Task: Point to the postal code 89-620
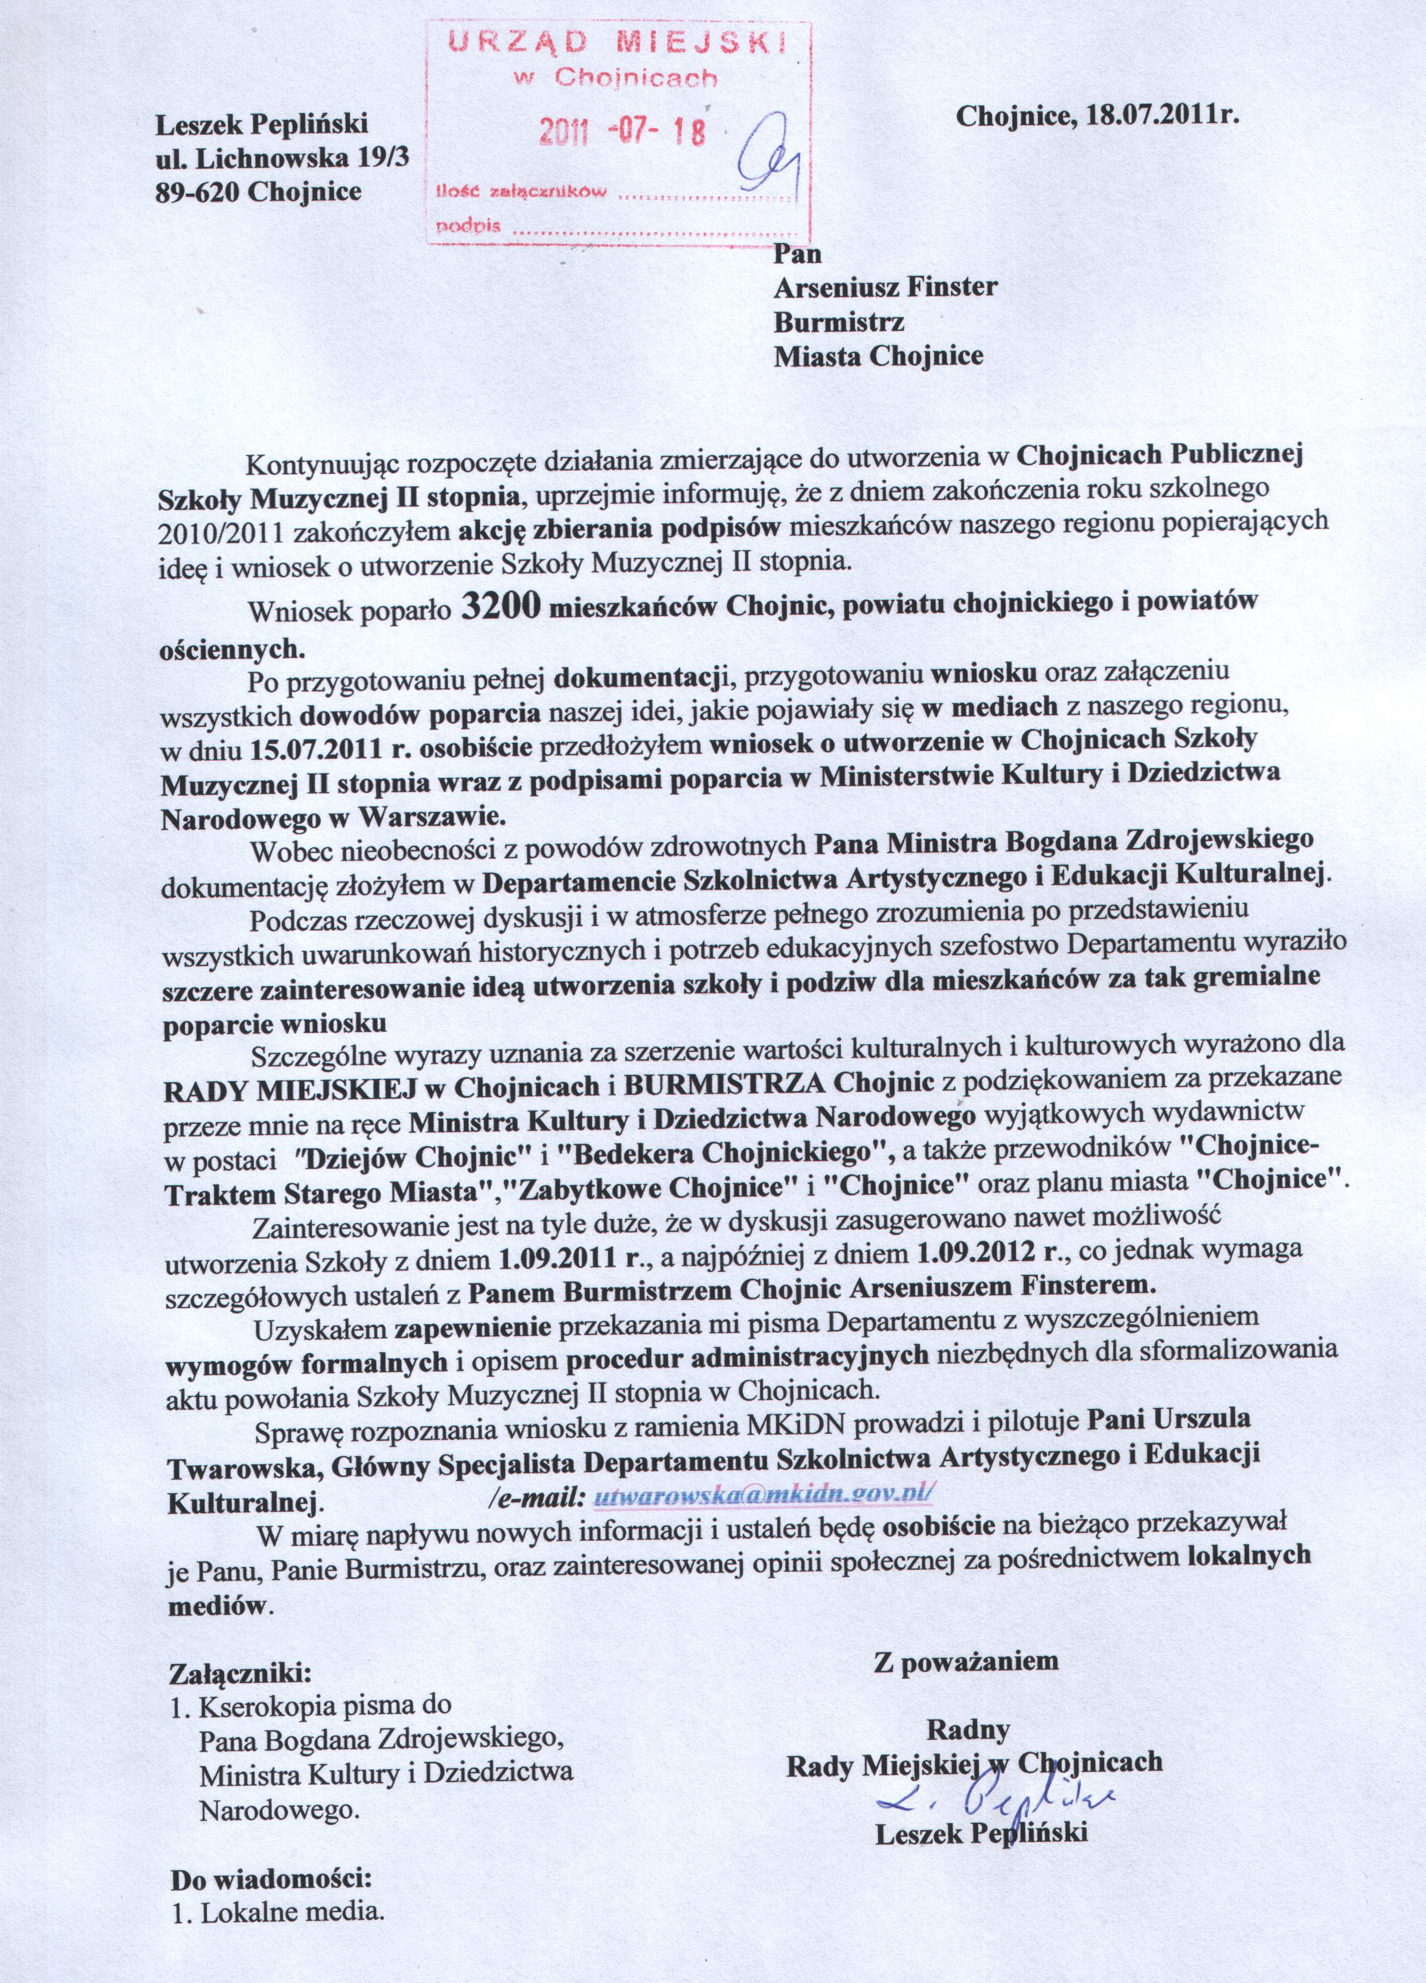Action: [x=199, y=190]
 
